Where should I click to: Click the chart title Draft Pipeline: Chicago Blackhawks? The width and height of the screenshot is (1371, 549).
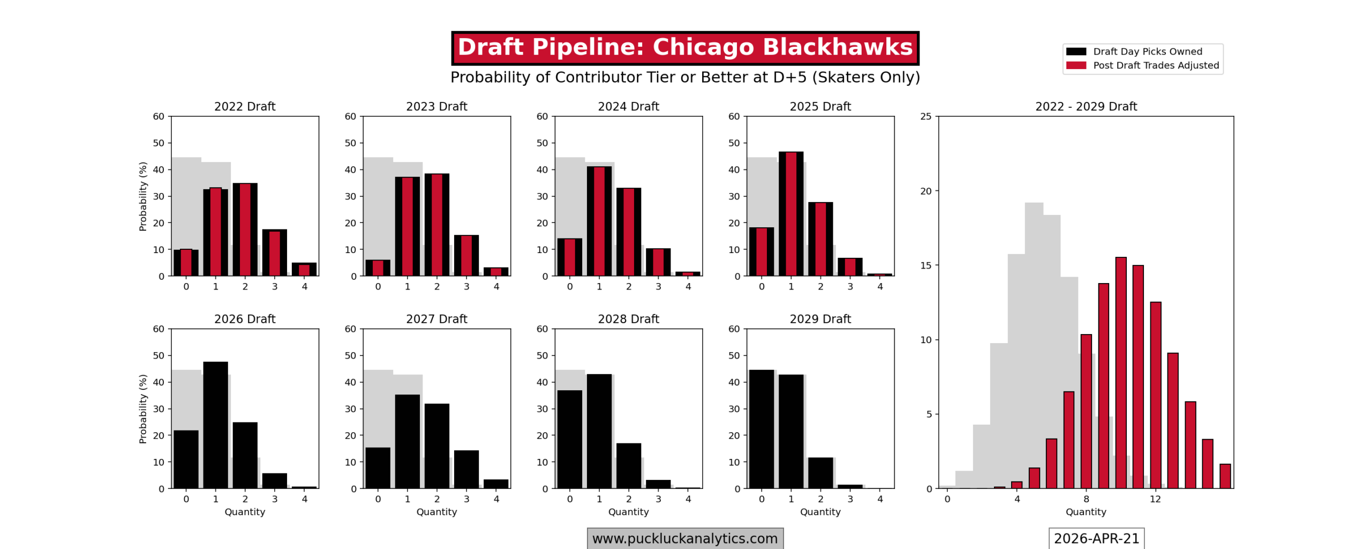684,48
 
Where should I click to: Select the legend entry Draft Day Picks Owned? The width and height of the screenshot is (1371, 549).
1147,51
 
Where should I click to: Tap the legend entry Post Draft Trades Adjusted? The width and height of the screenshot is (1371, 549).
1155,65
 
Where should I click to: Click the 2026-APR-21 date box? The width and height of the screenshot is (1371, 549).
1096,538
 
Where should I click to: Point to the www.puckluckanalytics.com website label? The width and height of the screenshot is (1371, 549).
684,538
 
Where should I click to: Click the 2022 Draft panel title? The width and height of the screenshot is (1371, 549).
245,106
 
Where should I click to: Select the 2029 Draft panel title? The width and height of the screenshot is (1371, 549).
820,318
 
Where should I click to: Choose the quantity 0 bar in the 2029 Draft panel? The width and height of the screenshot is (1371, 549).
761,429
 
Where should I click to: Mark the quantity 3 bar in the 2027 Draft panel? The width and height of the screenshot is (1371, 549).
466,469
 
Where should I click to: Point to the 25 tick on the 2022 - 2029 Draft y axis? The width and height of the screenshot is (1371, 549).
926,116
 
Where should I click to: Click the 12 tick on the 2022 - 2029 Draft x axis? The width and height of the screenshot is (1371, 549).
1155,499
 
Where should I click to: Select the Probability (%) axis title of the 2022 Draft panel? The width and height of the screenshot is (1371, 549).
142,196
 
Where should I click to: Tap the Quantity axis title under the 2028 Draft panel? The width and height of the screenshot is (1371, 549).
628,511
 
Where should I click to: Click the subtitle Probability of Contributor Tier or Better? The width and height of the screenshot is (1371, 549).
684,77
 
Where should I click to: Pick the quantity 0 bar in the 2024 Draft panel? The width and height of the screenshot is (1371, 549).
569,257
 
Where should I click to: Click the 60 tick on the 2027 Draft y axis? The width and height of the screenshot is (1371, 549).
350,329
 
